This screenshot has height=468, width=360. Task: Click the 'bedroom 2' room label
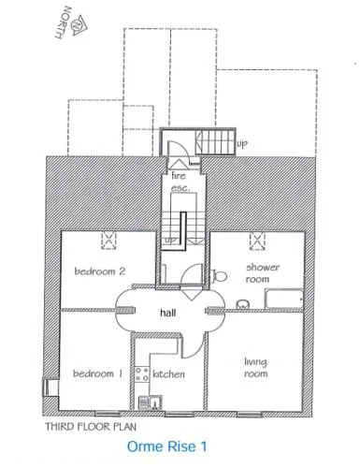pyautogui.click(x=100, y=271)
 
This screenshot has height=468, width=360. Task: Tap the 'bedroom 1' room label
pyautogui.click(x=97, y=373)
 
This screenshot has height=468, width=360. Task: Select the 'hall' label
pyautogui.click(x=168, y=313)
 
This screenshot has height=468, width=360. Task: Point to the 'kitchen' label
pyautogui.click(x=168, y=373)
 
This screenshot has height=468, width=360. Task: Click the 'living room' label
pyautogui.click(x=255, y=368)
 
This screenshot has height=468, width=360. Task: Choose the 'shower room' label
pyautogui.click(x=263, y=273)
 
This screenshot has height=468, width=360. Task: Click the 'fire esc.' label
pyautogui.click(x=180, y=182)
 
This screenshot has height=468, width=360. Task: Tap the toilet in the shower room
pyautogui.click(x=219, y=275)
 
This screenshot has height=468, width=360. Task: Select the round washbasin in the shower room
pyautogui.click(x=243, y=304)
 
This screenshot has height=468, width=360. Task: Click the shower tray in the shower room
pyautogui.click(x=283, y=299)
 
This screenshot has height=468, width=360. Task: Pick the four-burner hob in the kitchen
pyautogui.click(x=142, y=374)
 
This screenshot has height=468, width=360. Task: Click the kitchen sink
pyautogui.click(x=151, y=402)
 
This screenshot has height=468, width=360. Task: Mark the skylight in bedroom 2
pyautogui.click(x=108, y=241)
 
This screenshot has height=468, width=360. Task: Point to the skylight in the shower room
pyautogui.click(x=257, y=241)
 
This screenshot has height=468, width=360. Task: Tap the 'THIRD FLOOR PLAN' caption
pyautogui.click(x=91, y=427)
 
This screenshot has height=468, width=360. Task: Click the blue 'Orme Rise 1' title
pyautogui.click(x=166, y=446)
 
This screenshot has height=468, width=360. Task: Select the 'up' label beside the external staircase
pyautogui.click(x=242, y=144)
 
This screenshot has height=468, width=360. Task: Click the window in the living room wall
pyautogui.click(x=250, y=415)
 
